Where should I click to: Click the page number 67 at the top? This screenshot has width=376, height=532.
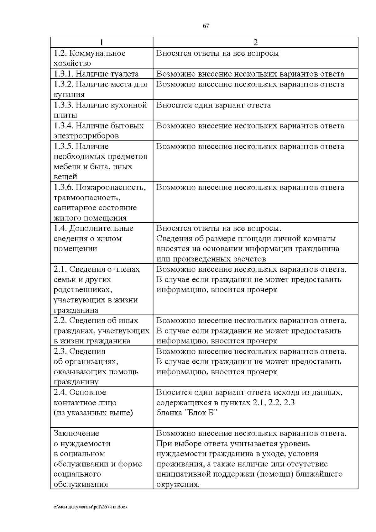[206, 26]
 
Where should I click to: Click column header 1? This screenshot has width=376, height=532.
[102, 42]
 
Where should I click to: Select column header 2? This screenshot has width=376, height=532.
[255, 42]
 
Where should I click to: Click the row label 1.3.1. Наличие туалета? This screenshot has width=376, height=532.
[96, 74]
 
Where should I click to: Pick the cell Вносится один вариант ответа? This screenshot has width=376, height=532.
[213, 105]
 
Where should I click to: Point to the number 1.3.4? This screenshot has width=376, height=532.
[64, 126]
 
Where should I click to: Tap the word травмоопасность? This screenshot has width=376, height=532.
[87, 198]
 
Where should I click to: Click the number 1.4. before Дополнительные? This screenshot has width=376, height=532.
[60, 228]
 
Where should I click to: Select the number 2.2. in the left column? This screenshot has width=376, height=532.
[60, 320]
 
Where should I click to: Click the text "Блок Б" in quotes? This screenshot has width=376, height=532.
[200, 413]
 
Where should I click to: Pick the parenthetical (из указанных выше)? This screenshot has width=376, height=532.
[93, 413]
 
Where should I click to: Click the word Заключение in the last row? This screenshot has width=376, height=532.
[76, 433]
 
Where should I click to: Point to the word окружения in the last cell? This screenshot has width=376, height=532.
[178, 484]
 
